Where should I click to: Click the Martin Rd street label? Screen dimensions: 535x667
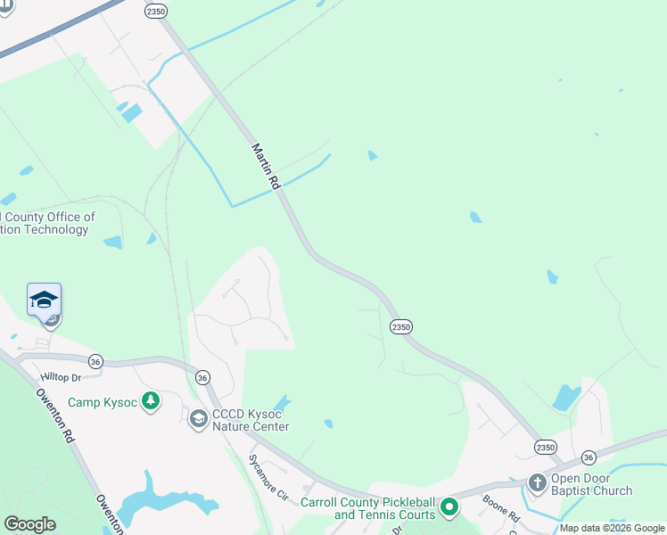coord(267,166)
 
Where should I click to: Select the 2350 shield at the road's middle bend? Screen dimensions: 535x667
coord(401,327)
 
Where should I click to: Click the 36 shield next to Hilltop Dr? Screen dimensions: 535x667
coord(96,361)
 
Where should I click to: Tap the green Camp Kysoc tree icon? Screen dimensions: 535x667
coord(152,401)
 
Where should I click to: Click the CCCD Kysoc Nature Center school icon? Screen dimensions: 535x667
coord(198,418)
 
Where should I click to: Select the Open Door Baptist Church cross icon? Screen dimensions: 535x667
coord(537,483)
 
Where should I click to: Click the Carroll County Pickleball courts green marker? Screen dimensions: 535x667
coord(450,508)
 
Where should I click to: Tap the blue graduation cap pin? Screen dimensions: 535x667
coord(44,300)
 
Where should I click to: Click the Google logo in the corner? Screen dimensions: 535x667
coord(29,524)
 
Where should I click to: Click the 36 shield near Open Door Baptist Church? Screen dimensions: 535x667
coord(589,457)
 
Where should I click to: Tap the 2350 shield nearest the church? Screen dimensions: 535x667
coord(546,447)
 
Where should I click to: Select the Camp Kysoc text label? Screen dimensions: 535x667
coord(103,403)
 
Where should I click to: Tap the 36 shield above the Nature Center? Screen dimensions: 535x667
coord(202,377)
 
